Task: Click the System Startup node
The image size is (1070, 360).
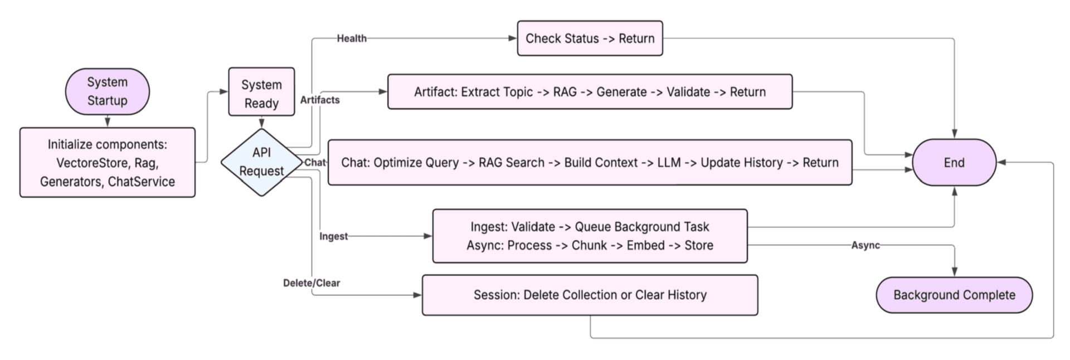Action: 107,91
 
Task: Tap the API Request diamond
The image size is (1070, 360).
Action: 261,162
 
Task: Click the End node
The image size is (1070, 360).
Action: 954,163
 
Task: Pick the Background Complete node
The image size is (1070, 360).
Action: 954,295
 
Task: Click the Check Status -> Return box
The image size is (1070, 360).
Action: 590,38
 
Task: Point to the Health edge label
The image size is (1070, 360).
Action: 352,38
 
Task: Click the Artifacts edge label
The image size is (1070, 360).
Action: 319,100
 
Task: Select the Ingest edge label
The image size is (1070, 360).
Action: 333,236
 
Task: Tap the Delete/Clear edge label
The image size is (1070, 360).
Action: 311,283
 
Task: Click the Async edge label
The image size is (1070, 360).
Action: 865,245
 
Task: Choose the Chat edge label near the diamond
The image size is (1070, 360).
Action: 315,162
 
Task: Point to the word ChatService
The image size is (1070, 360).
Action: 141,182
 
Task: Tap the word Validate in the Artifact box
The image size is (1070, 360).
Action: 688,92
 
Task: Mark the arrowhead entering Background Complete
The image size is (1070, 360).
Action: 954,272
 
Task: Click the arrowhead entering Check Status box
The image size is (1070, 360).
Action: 513,38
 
